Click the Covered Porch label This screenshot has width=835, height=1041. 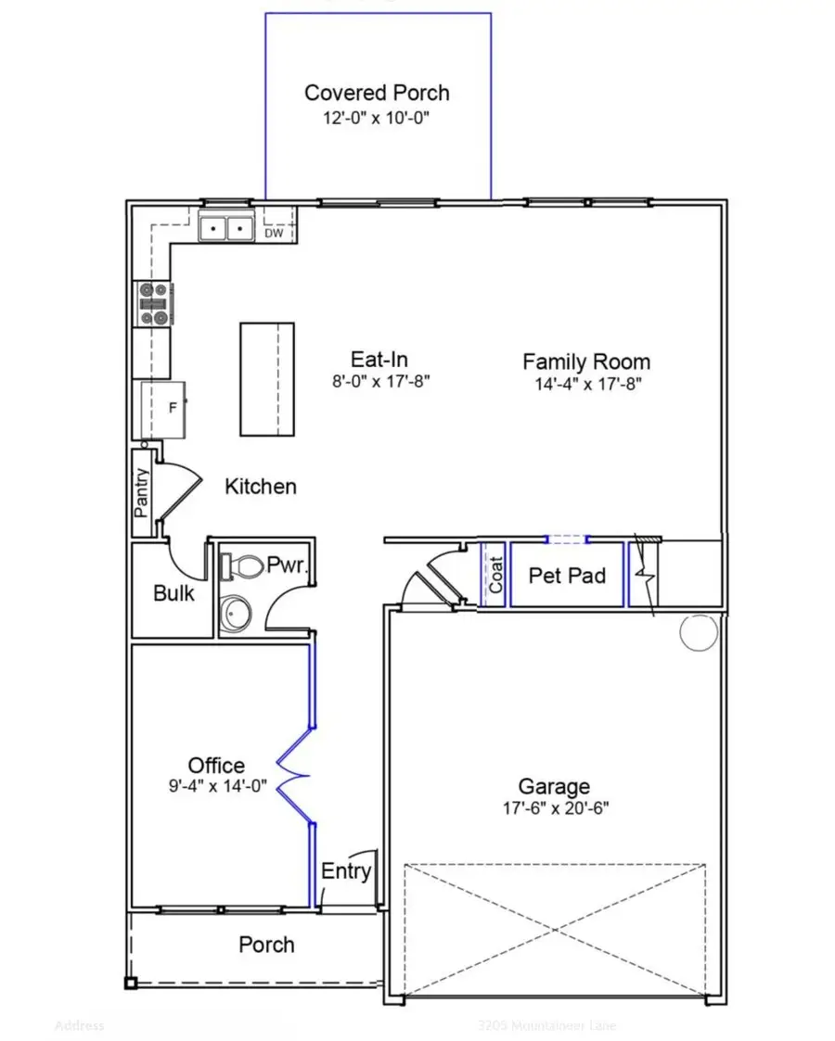(x=377, y=93)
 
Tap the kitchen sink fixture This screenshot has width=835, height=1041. (x=227, y=226)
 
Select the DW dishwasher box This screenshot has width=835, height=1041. (x=274, y=232)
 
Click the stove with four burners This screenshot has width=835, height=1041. (x=155, y=304)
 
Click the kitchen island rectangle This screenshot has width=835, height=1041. (x=267, y=378)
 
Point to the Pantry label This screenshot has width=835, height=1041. (x=142, y=492)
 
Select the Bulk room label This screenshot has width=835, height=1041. (x=173, y=593)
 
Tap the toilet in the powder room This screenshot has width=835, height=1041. (x=244, y=565)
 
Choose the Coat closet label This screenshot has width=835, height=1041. (x=495, y=575)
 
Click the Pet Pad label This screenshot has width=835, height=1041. (x=567, y=576)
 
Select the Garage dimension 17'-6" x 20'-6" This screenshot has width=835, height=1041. (x=553, y=807)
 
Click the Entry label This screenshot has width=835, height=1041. (x=346, y=871)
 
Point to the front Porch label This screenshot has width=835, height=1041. (x=266, y=945)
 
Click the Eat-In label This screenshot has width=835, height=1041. (x=379, y=360)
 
